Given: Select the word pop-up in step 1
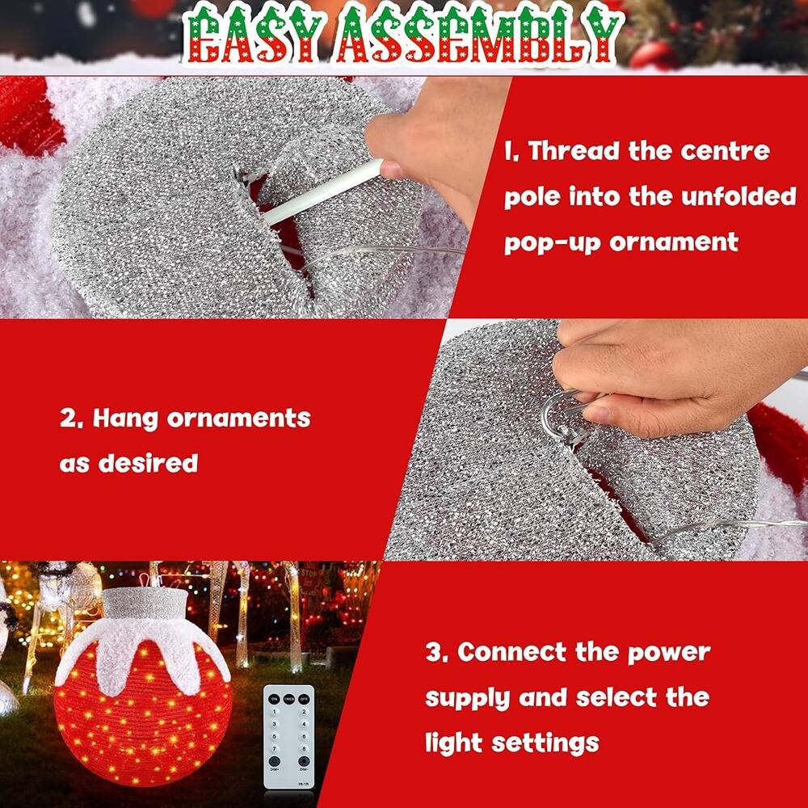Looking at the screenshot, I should click(552, 242).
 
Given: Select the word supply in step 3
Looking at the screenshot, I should click(468, 697).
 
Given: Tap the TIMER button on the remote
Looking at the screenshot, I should click(288, 699).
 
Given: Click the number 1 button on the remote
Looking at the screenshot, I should click(274, 712).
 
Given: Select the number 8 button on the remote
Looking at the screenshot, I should click(304, 749).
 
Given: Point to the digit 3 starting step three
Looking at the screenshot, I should click(434, 652).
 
